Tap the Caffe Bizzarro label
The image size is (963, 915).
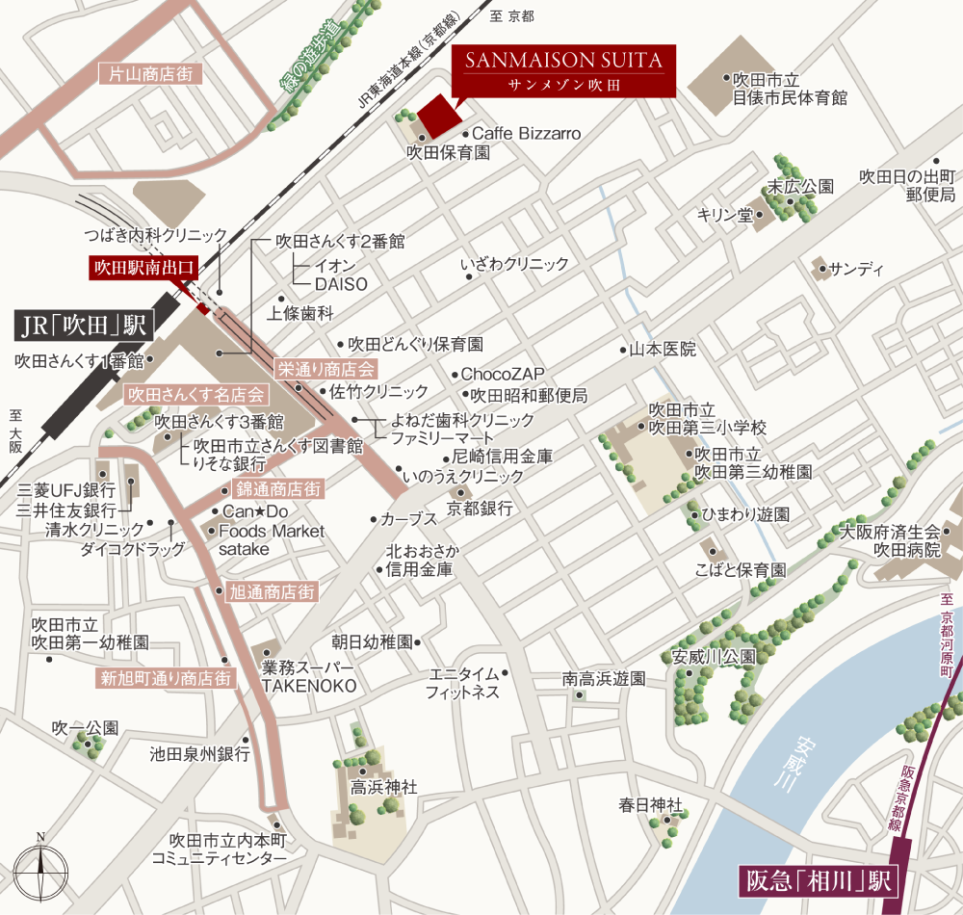click(526, 134)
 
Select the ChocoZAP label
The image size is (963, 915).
click(503, 374)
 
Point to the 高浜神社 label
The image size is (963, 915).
click(384, 787)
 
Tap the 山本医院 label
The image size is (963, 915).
click(663, 350)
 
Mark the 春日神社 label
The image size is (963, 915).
click(651, 804)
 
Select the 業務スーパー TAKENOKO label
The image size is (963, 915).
click(309, 676)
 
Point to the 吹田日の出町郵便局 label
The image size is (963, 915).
click(905, 186)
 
